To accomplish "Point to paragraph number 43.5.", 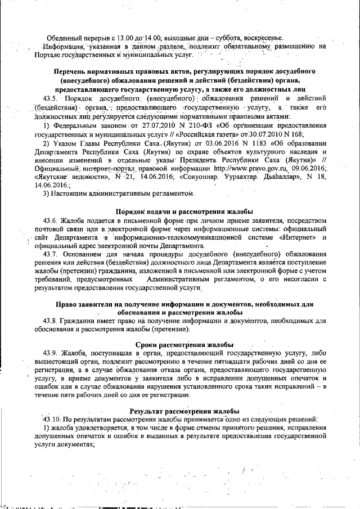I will tap(51, 98).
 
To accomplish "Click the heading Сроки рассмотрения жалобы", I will tap(184, 344).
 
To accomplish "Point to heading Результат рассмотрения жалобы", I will tap(184, 411).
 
